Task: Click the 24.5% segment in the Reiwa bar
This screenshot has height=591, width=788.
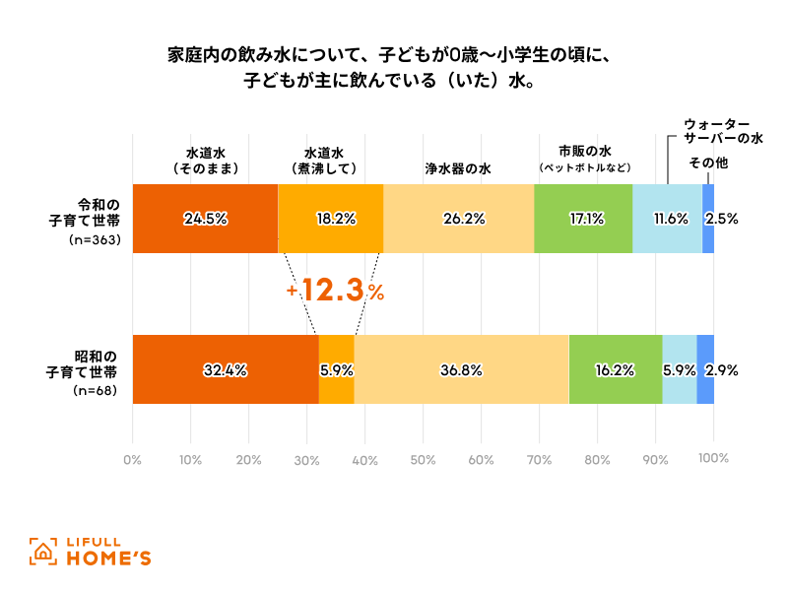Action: click(x=205, y=219)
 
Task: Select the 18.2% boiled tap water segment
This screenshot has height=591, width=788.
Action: click(x=331, y=219)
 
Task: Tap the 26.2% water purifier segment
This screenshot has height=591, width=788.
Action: click(x=459, y=219)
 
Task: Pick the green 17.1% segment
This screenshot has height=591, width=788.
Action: click(x=583, y=219)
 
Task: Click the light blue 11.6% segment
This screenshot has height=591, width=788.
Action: click(x=667, y=219)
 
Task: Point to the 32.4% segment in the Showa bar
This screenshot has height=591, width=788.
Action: click(x=226, y=369)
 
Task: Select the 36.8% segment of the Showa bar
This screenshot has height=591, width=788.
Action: click(x=461, y=369)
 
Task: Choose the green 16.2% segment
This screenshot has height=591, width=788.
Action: click(x=616, y=369)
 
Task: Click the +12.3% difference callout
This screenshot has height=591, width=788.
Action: click(x=335, y=291)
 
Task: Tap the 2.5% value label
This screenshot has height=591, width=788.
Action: click(x=722, y=219)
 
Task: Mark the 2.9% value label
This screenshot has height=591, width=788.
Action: click(x=722, y=370)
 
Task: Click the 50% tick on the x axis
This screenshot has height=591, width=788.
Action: click(x=423, y=459)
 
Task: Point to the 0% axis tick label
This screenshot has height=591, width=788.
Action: click(x=132, y=459)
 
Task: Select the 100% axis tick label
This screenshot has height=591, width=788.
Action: click(x=712, y=459)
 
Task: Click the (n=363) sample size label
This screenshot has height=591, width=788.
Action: click(x=95, y=240)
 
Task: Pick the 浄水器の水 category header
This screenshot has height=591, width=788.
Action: click(x=458, y=168)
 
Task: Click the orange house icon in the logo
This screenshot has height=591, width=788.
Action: click(x=42, y=553)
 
